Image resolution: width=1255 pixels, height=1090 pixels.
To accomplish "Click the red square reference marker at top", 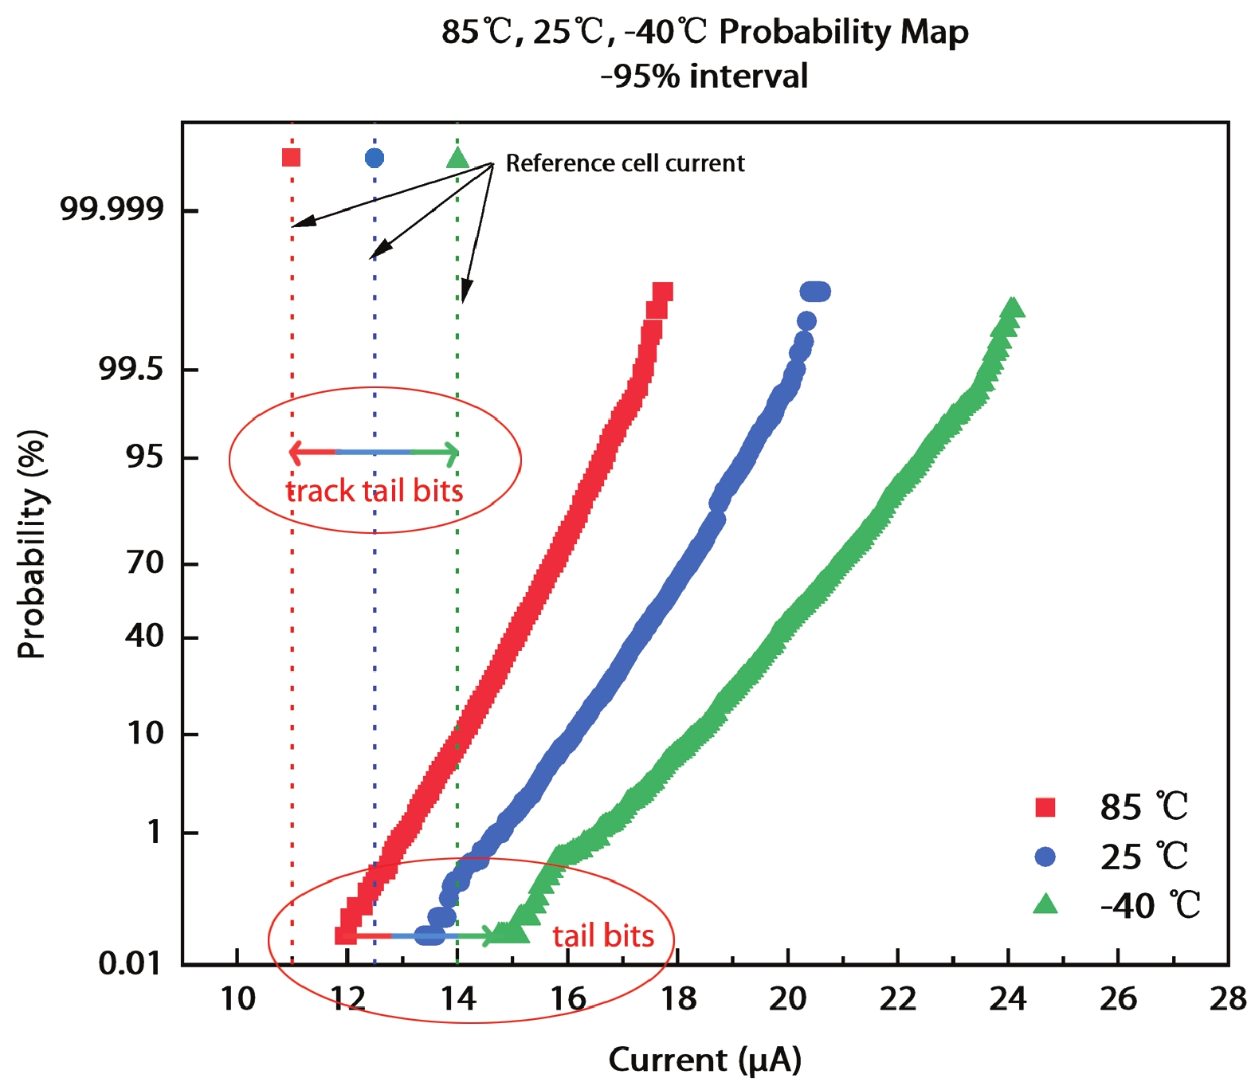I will (292, 158).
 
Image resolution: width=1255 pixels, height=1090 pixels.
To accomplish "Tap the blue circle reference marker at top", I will (375, 159).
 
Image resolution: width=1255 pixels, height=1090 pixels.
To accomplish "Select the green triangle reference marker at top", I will (457, 159).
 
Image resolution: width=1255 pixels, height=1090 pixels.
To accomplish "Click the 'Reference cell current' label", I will (625, 163).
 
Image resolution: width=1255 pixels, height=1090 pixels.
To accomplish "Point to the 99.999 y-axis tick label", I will (112, 209).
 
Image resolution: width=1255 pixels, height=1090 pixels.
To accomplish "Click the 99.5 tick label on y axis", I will (131, 369).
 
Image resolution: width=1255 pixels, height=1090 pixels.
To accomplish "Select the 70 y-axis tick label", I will (144, 563).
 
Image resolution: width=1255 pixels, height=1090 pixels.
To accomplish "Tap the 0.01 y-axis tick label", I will (130, 963).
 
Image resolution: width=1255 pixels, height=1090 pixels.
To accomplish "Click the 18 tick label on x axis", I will (677, 998).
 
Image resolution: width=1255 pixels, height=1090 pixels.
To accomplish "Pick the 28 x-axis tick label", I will (1227, 998).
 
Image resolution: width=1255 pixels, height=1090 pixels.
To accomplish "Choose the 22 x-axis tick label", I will (897, 998).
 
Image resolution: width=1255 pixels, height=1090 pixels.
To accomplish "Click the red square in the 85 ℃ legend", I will (1045, 807).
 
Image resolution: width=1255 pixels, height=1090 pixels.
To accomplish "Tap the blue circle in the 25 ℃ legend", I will (1045, 857).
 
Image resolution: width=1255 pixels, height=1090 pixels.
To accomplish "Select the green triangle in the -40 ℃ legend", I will (1045, 904).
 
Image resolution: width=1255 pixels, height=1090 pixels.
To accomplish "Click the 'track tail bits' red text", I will (375, 491).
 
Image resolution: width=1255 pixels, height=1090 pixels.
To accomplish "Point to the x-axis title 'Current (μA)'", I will (704, 1060).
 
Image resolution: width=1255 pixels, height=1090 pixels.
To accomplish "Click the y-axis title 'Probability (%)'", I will (32, 544).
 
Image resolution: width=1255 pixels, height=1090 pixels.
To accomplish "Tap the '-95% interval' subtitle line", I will (704, 76).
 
